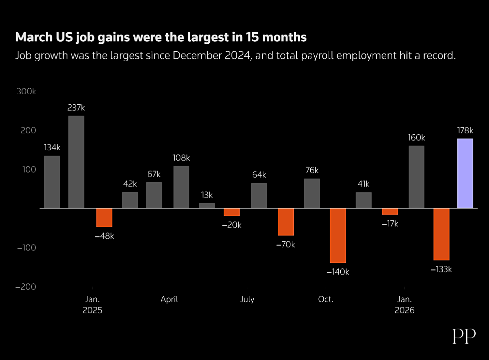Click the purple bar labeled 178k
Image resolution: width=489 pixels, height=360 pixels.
click(x=465, y=173)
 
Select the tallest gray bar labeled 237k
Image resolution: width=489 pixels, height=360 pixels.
click(x=76, y=162)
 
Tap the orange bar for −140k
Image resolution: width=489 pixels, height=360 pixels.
click(x=338, y=235)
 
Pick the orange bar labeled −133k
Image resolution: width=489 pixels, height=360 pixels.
click(x=441, y=234)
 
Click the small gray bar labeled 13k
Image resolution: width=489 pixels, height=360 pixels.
click(x=207, y=205)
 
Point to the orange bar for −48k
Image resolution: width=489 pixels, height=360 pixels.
click(x=104, y=217)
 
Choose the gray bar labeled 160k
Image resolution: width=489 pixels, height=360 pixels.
click(x=417, y=177)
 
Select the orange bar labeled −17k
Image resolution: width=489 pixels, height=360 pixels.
click(x=390, y=212)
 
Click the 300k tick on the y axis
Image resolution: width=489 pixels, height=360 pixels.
click(x=26, y=91)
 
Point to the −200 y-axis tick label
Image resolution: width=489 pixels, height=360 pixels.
click(x=26, y=287)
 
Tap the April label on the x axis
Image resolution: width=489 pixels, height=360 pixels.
click(x=169, y=299)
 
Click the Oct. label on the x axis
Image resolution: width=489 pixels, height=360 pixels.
click(x=326, y=299)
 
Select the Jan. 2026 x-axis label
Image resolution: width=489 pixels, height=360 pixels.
click(x=405, y=305)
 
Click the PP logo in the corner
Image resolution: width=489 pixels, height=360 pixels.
click(x=464, y=336)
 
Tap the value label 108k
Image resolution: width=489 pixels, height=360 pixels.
click(x=181, y=158)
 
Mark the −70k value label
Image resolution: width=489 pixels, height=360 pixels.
click(x=286, y=245)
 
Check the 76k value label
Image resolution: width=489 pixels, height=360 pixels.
click(x=312, y=170)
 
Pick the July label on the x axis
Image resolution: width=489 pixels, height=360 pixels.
click(x=247, y=299)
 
